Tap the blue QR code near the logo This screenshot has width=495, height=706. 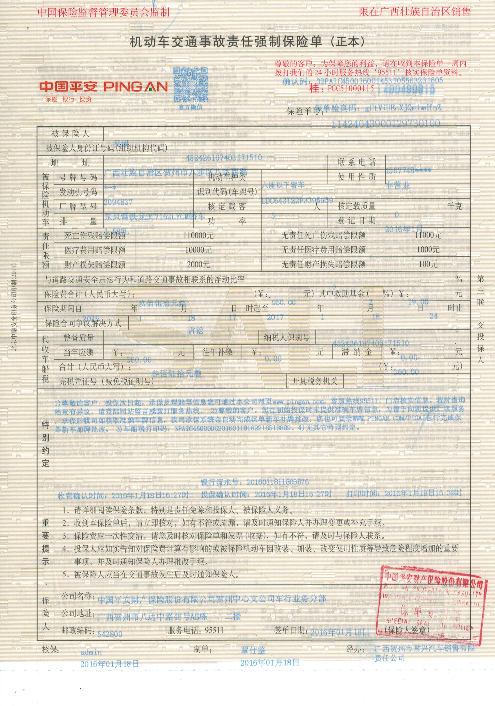(x=191, y=85)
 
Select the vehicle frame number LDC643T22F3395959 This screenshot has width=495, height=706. (x=297, y=201)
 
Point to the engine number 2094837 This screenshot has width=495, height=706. (x=118, y=202)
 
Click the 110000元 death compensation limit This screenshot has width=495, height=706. (x=198, y=235)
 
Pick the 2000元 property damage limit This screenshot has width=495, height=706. (x=198, y=264)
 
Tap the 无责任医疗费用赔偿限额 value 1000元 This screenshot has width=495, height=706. (x=428, y=249)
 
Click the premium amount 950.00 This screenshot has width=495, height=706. (x=283, y=303)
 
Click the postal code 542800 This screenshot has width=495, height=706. (x=110, y=634)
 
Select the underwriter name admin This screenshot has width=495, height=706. (x=91, y=652)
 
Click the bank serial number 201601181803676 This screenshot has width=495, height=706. (x=277, y=482)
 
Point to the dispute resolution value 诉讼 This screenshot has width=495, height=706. (x=196, y=331)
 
